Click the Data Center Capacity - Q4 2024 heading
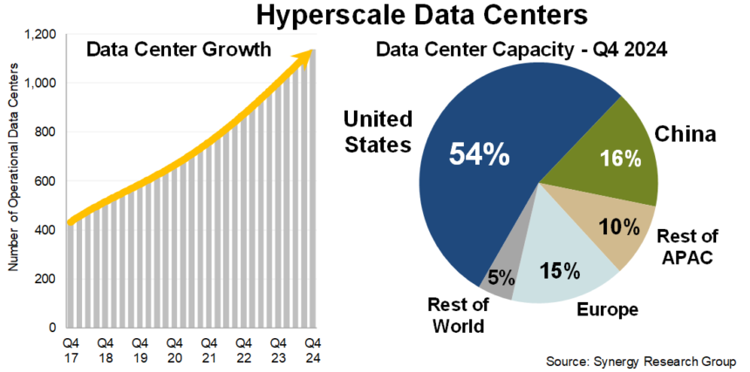tap(522, 50)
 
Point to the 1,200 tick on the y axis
tap(41, 34)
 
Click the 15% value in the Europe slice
tap(559, 271)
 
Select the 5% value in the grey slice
tap(500, 279)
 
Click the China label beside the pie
tap(685, 135)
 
